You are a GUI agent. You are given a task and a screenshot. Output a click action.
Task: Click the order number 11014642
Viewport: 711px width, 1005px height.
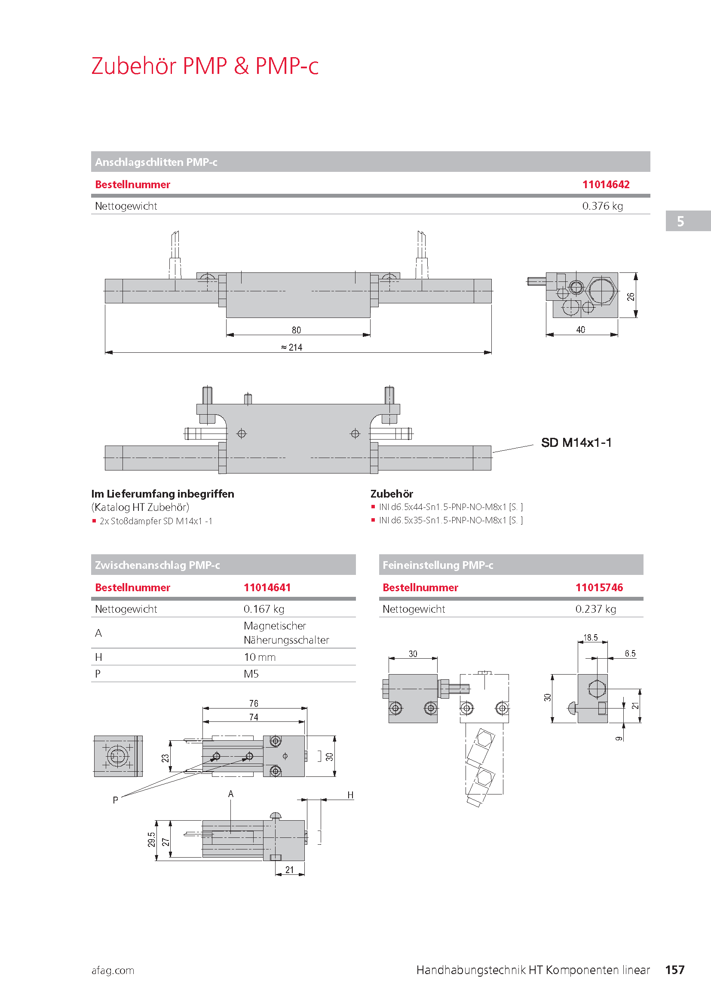coord(606,184)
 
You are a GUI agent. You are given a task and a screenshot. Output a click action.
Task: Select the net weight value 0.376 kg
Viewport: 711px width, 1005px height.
coord(602,206)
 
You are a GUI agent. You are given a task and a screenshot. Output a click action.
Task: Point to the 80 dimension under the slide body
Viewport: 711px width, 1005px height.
coord(297,330)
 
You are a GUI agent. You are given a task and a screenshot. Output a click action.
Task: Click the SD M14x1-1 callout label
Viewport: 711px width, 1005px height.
coord(576,443)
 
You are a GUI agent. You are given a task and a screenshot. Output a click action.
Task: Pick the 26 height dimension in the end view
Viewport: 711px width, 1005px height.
coord(631,296)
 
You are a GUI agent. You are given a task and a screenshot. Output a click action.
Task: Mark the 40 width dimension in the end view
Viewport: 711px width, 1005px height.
coord(580,330)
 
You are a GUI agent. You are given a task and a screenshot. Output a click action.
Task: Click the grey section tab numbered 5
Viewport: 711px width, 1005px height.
coord(680,221)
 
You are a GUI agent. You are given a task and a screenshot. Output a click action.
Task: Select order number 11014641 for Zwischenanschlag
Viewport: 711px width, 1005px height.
coord(267,587)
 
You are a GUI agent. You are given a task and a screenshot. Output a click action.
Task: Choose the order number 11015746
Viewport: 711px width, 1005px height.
coord(599,587)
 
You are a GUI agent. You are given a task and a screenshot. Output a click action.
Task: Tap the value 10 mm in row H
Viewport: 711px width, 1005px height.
coord(260,657)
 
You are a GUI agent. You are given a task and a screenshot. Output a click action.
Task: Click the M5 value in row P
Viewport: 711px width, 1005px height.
coord(251,674)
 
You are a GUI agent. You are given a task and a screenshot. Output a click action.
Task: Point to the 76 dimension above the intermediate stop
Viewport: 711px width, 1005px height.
coord(254,703)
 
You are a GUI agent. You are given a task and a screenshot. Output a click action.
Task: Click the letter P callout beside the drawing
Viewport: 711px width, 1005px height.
coord(115,800)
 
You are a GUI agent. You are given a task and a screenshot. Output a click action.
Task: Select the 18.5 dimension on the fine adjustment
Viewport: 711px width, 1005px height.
coord(590,638)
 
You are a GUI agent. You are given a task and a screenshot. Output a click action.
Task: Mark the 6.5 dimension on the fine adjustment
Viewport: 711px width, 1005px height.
coord(630,654)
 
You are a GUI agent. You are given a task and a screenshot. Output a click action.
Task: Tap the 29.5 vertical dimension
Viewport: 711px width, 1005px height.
coord(151,840)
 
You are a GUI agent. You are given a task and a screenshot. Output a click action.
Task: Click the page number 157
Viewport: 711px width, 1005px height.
coord(674,970)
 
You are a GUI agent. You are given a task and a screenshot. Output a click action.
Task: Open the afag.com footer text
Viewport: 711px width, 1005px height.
coord(113,971)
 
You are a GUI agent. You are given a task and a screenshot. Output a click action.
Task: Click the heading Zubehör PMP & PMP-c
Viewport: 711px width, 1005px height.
coord(205,66)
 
